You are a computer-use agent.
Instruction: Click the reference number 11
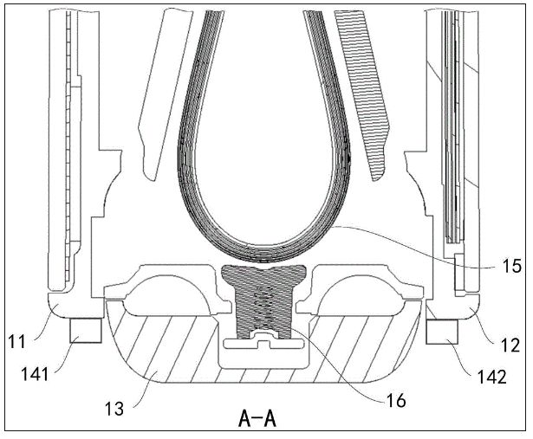pyautogui.click(x=16, y=341)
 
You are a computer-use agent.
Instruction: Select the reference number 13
pyautogui.click(x=114, y=408)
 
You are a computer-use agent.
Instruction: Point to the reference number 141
pyautogui.click(x=35, y=374)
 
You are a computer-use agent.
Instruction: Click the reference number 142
pyautogui.click(x=492, y=377)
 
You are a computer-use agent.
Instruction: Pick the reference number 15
pyautogui.click(x=511, y=266)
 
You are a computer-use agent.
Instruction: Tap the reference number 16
pyautogui.click(x=396, y=401)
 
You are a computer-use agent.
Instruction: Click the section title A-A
pyautogui.click(x=257, y=419)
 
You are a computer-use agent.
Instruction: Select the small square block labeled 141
pyautogui.click(x=86, y=331)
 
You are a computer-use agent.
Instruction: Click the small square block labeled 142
pyautogui.click(x=442, y=332)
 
